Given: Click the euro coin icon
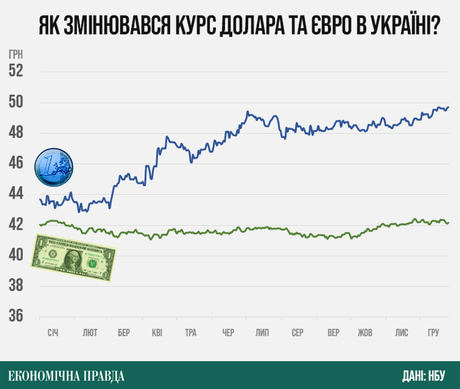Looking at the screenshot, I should point(53,167).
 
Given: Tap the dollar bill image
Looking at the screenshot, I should point(73,257).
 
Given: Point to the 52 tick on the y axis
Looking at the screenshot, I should point(16,71).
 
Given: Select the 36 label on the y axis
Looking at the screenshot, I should point(16,316).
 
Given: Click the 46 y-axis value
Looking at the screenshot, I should point(16,163).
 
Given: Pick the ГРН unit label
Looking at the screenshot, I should point(16,55).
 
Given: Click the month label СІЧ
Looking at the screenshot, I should point(53,333).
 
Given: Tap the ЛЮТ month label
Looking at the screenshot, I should point(90,333).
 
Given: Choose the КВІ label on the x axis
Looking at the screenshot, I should point(157,333).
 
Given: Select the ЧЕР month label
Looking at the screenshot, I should point(228,333).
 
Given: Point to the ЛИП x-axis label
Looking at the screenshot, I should point(262,333).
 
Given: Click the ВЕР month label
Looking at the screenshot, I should point(333,333).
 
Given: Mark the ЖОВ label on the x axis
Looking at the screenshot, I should point(365,333).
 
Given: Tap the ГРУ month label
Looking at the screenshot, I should point(433,333).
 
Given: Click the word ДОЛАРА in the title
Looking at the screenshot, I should point(251,26).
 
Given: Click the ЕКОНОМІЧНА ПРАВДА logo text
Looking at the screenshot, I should point(66,376).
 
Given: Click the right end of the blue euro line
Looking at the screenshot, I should point(449,107).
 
